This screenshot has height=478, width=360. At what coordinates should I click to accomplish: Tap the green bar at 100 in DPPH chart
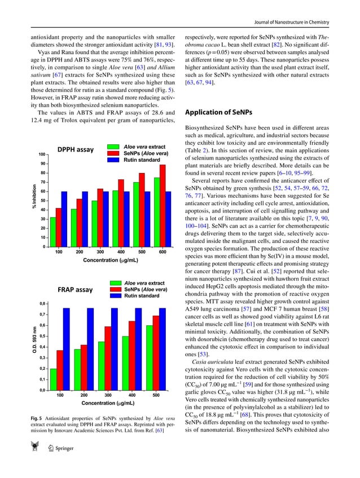53,232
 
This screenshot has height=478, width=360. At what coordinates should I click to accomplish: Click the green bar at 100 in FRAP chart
53,379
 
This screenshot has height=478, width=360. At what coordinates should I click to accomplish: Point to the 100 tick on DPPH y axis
42,154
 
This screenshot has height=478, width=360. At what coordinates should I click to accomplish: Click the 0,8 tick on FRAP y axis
43,304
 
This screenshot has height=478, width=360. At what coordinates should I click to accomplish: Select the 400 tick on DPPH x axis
121,252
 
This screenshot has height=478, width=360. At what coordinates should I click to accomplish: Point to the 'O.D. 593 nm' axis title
34,343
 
